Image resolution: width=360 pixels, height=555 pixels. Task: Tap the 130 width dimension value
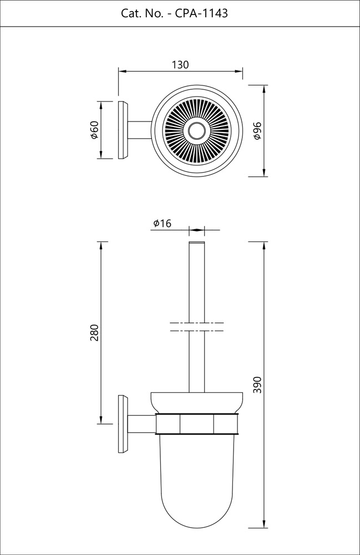(180, 65)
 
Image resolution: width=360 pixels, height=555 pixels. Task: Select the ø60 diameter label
(94, 130)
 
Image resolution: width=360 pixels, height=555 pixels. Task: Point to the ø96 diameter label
(256, 130)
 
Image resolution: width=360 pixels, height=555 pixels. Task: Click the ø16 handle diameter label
(162, 223)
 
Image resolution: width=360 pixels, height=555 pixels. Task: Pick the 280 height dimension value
(94, 332)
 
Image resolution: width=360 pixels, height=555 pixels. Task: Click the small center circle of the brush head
(196, 131)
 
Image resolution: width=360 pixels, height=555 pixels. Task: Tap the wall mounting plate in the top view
(123, 130)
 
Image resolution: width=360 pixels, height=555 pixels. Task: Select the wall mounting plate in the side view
(122, 424)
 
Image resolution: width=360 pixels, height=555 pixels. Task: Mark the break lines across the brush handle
(196, 327)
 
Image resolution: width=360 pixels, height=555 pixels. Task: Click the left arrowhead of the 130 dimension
(121, 71)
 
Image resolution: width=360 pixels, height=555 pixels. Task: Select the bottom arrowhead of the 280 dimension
(101, 420)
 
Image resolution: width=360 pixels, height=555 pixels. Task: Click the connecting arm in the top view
(140, 130)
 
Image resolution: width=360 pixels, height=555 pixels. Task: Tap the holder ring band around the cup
(196, 424)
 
